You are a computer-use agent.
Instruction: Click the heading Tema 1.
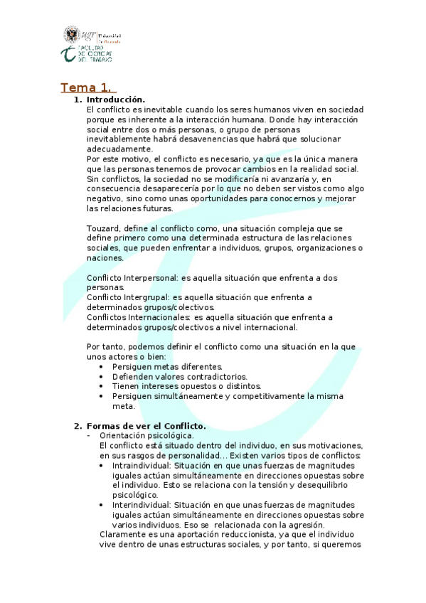pos(86,87)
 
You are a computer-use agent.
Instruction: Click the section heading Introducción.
pos(115,100)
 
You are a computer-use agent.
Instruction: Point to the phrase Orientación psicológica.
pos(147,435)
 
